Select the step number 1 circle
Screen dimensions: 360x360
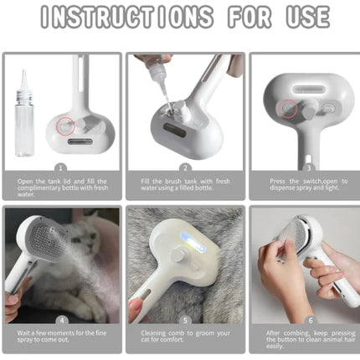[x=59, y=167]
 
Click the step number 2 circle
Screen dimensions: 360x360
[x=185, y=167]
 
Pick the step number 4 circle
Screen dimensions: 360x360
[x=59, y=319]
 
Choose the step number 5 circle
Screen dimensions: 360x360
[x=185, y=319]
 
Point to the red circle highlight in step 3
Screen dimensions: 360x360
[x=288, y=107]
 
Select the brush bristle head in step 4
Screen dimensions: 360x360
[x=35, y=236]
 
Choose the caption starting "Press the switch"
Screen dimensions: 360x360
[x=307, y=184]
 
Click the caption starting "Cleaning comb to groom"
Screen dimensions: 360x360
[x=185, y=337]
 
